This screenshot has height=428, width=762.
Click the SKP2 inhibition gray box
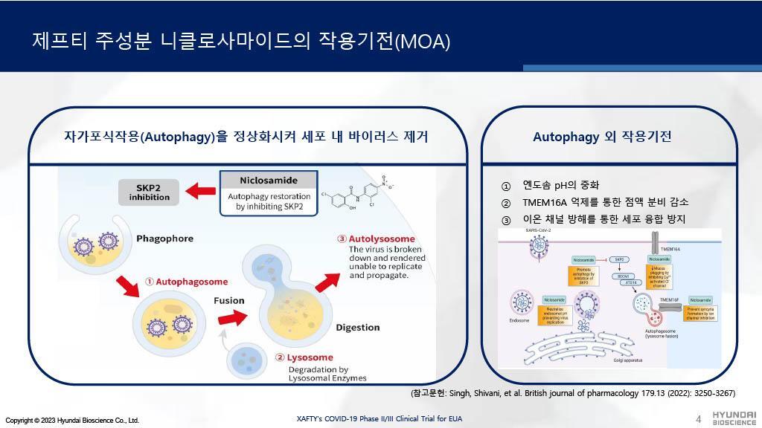pos(149,192)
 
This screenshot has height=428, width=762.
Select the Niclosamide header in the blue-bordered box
pos(269,180)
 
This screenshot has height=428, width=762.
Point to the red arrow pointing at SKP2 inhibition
pos(200,192)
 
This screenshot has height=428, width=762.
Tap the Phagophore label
pos(164,239)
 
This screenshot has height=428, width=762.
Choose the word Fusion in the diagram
pos(229,301)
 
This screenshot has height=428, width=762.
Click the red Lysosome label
pos(304,357)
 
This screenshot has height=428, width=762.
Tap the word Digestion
pos(357,327)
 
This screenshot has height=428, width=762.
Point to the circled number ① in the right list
pos(506,186)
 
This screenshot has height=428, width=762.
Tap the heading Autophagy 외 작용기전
pos(602,137)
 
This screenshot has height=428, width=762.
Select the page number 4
pos(698,419)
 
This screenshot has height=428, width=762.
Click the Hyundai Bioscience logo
pos(734,418)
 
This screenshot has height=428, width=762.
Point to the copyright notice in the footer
pos(72,420)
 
